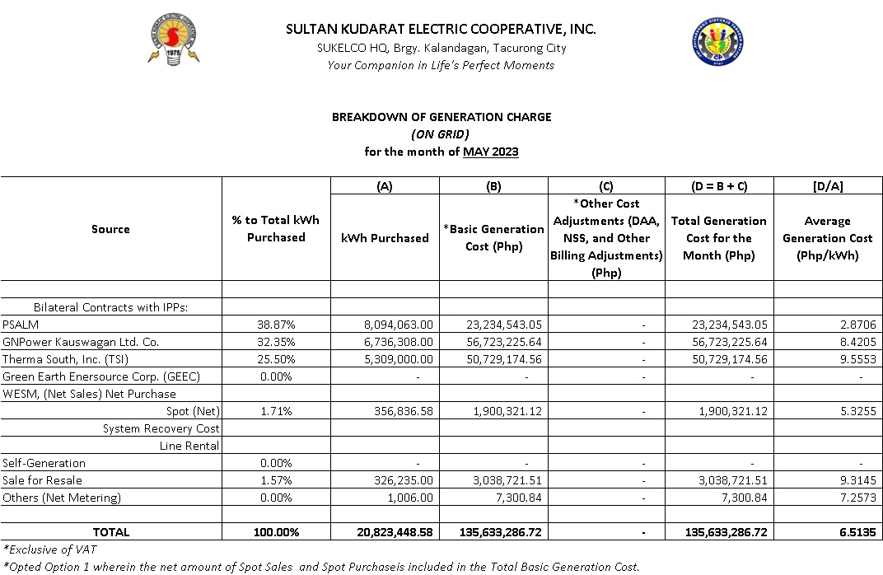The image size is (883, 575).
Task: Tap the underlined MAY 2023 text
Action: click(491, 152)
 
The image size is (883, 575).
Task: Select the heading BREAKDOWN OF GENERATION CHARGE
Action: click(441, 117)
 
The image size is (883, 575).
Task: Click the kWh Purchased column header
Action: click(385, 238)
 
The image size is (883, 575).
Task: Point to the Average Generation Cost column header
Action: click(827, 238)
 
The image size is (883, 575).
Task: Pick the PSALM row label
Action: click(20, 325)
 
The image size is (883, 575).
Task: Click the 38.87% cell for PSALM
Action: click(276, 325)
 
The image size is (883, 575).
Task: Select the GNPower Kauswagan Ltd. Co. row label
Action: click(81, 342)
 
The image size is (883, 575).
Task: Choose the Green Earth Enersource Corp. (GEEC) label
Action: click(101, 376)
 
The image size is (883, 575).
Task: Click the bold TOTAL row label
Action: click(110, 532)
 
